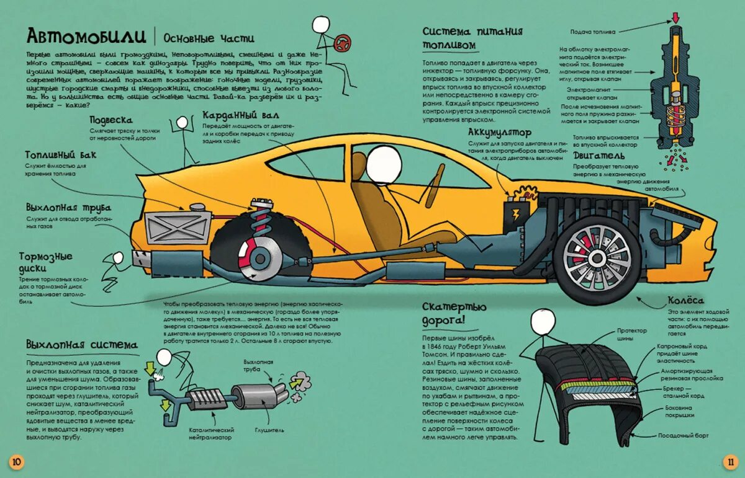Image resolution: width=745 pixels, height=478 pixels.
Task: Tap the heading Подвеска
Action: [x=112, y=120]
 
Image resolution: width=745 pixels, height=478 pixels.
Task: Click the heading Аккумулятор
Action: [x=500, y=133]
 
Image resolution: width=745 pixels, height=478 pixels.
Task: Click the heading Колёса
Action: [x=686, y=300]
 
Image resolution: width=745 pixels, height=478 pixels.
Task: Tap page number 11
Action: [x=729, y=461]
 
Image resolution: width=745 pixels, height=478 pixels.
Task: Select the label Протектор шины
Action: [x=631, y=335]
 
